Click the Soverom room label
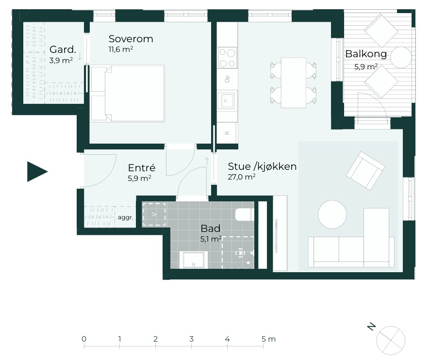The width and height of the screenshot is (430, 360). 131,39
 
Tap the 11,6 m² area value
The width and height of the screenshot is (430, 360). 121,49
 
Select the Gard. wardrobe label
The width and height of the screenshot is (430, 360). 63,49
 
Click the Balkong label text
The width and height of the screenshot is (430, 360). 366,54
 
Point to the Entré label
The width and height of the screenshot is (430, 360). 142,167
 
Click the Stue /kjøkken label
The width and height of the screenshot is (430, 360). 262,166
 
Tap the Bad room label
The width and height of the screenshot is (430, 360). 210,229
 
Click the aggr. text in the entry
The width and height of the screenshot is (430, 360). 125,218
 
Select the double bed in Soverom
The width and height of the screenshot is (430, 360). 128,93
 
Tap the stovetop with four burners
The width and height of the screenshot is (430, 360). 227,58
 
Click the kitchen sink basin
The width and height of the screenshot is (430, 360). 226,100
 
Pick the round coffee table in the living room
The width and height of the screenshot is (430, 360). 332,214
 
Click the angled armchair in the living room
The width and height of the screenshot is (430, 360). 365,171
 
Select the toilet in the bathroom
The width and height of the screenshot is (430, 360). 245,214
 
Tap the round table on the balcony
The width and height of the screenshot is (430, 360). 401,58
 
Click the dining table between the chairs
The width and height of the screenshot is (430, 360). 294,82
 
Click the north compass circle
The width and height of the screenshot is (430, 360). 391,341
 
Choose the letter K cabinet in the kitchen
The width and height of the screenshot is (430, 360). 227,133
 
